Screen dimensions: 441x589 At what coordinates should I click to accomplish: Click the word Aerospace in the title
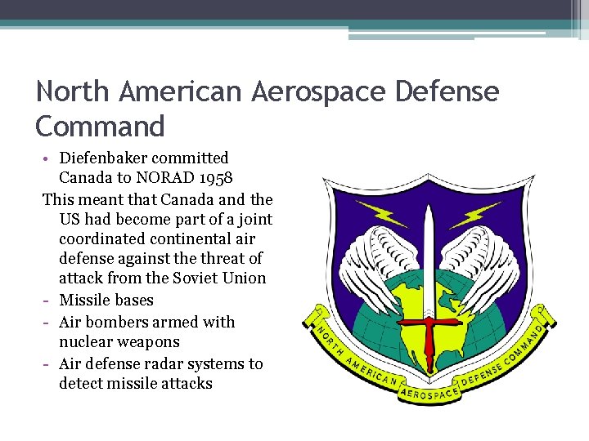click(x=319, y=91)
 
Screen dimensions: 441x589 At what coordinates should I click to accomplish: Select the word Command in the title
click(x=101, y=127)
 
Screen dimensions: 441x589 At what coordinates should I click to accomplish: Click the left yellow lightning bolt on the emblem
click(x=380, y=214)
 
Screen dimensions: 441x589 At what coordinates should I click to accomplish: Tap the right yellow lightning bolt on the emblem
click(x=475, y=214)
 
